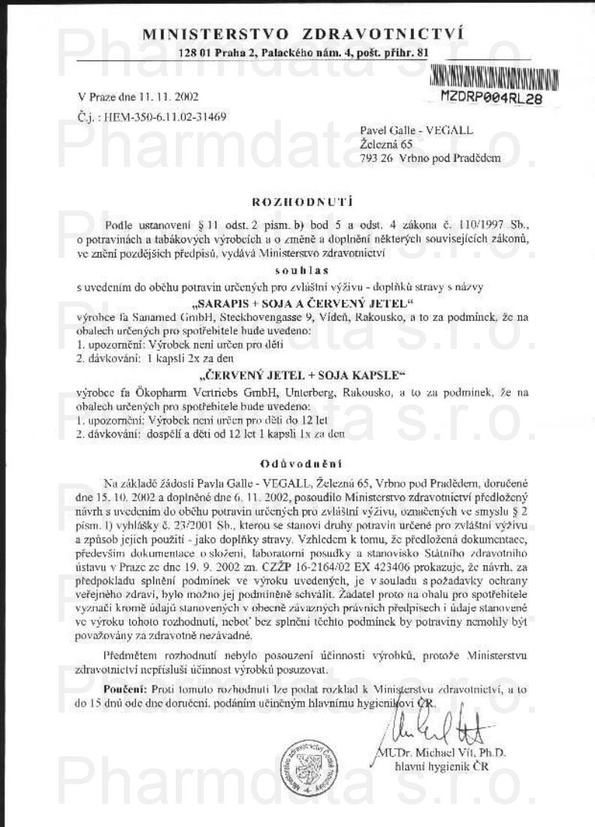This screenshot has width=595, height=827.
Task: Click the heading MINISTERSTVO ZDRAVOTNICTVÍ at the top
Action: click(x=303, y=35)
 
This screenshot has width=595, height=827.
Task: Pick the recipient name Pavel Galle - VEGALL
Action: click(x=417, y=130)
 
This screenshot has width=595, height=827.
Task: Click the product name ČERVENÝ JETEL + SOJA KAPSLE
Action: click(x=303, y=374)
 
